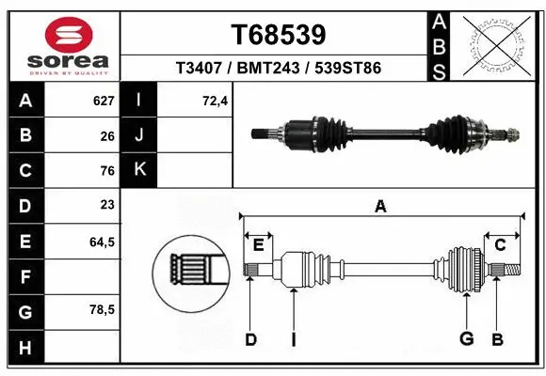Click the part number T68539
pyautogui.click(x=279, y=35)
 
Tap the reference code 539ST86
pyautogui.click(x=347, y=69)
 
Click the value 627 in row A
pyautogui.click(x=103, y=101)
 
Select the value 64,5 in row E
pyautogui.click(x=101, y=242)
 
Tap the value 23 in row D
pyautogui.click(x=106, y=204)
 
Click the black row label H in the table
pyautogui.click(x=24, y=348)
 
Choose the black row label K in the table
pyautogui.click(x=140, y=170)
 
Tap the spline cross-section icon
pyautogui.click(x=191, y=272)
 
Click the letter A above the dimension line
pyautogui.click(x=380, y=207)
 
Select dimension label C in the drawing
pyautogui.click(x=501, y=244)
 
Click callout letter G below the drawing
pyautogui.click(x=465, y=339)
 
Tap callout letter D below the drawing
pyautogui.click(x=250, y=339)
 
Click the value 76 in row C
pyautogui.click(x=106, y=170)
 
